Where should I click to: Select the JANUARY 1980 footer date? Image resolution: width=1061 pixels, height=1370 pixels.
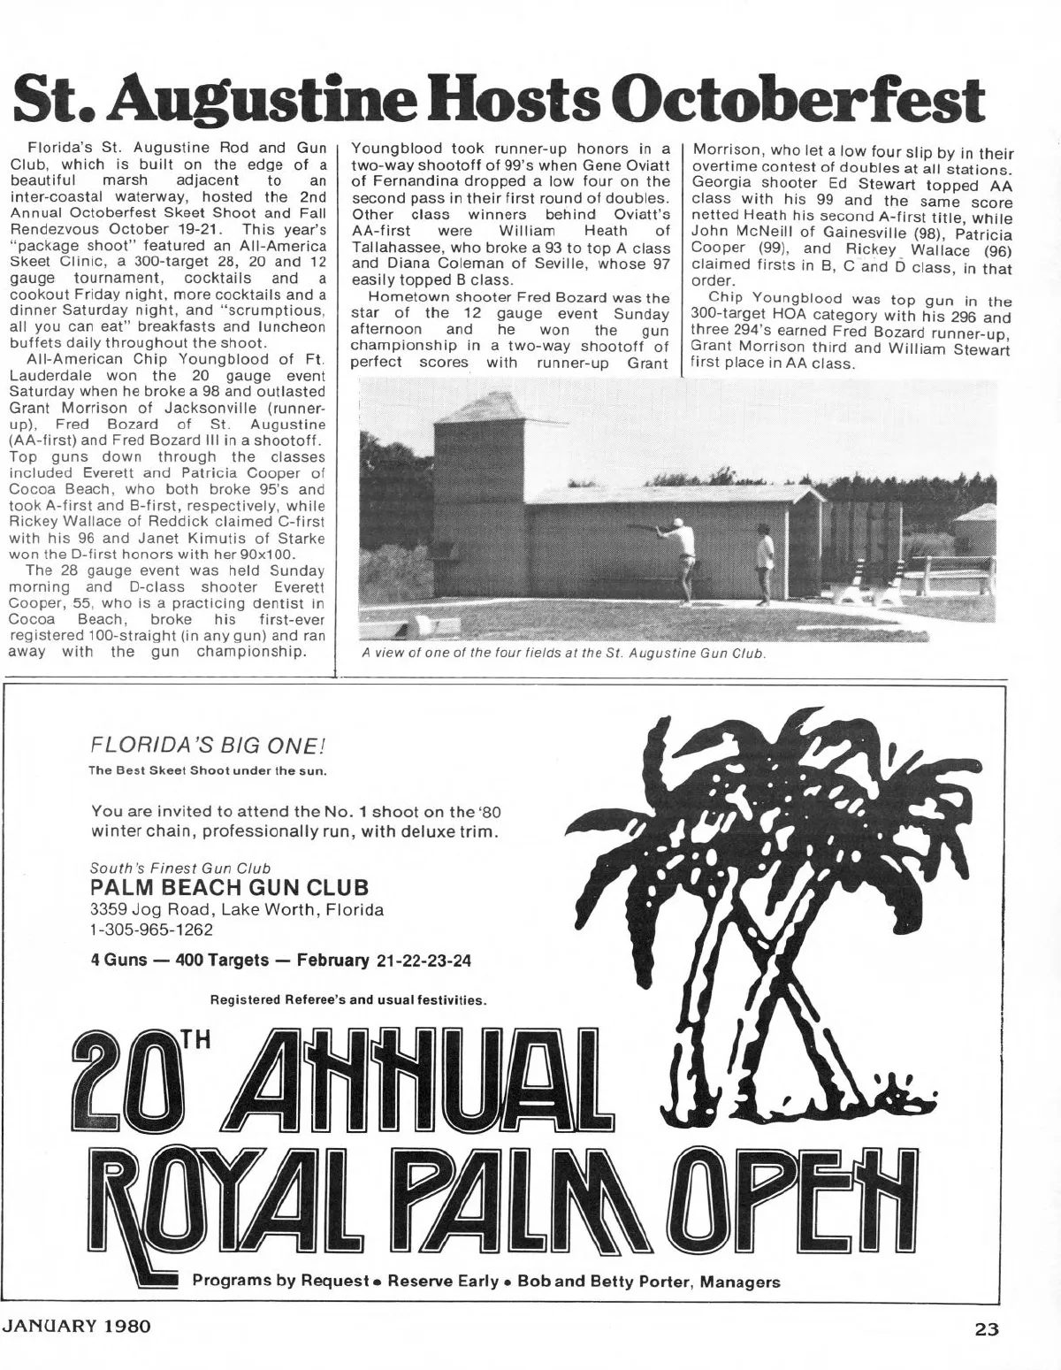click(77, 1327)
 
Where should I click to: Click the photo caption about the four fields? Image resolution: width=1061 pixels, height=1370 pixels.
click(563, 654)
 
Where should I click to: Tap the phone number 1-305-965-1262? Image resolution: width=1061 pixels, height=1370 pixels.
click(151, 930)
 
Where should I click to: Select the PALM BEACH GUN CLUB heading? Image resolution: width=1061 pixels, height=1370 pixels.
click(230, 887)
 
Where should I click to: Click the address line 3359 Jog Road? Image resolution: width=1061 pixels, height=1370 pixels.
click(237, 909)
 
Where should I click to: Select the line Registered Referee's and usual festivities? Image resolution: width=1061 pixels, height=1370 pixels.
click(348, 1001)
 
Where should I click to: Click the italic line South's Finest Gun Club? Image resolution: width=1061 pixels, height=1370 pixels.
click(180, 868)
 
